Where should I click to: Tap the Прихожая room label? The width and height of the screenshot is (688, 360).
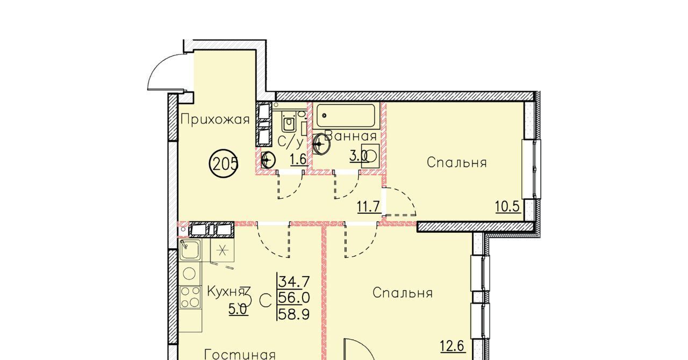click(x=215, y=119)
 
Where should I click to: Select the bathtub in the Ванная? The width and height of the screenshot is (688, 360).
click(x=346, y=116)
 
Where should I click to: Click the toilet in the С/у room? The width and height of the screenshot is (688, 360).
click(x=289, y=122)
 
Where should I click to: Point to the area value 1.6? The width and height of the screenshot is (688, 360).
click(x=298, y=160)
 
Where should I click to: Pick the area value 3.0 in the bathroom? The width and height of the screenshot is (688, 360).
click(x=359, y=156)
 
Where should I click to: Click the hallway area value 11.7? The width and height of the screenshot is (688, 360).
click(x=369, y=206)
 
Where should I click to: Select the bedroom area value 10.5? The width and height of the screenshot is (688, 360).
click(x=508, y=206)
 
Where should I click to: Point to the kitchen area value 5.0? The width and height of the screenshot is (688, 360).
click(x=238, y=309)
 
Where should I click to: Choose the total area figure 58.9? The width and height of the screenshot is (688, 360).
click(x=294, y=314)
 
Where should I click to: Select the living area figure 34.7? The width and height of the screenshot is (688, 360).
click(x=294, y=282)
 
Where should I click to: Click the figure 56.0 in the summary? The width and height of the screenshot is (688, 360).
click(x=294, y=297)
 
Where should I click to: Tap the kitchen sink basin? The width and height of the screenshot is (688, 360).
click(x=190, y=250)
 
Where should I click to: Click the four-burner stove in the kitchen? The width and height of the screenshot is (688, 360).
click(x=190, y=297)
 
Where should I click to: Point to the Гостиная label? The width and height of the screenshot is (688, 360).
click(x=240, y=355)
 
